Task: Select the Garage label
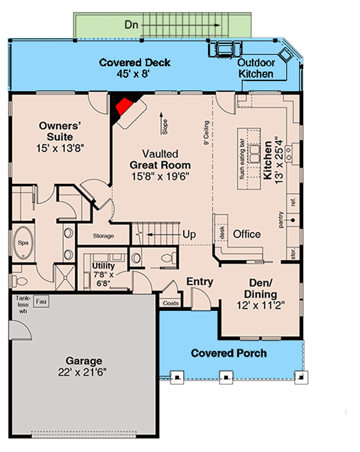84,360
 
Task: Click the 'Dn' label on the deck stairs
131,25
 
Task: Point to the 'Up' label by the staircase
189,233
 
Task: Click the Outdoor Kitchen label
255,68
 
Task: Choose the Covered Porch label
228,353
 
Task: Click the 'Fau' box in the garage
41,301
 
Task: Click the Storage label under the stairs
103,236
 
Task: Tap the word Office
247,234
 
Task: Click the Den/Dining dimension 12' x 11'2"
261,305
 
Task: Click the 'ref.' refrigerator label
293,201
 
